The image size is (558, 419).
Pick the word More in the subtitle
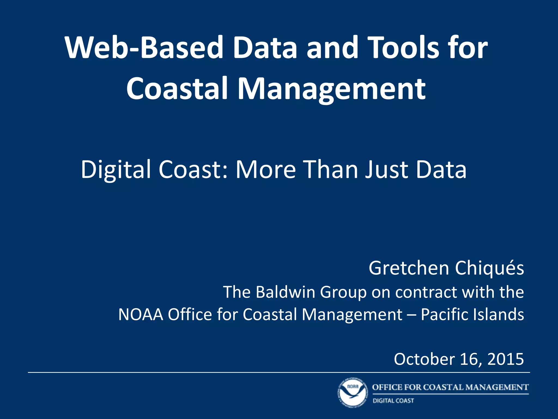(266, 170)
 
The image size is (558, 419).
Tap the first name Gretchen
(409, 268)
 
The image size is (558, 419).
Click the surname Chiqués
(489, 268)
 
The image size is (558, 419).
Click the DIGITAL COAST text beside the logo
(393, 401)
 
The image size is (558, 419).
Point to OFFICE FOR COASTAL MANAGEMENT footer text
(450, 387)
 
